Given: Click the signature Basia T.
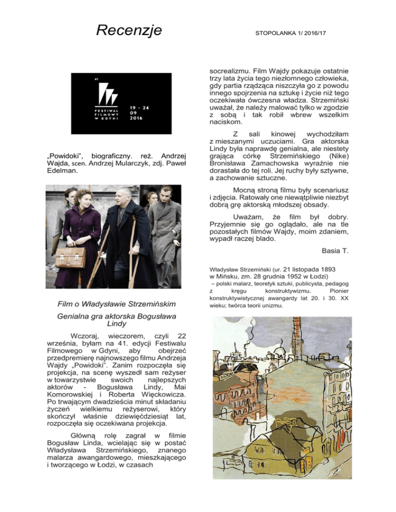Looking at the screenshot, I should (336, 251).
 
